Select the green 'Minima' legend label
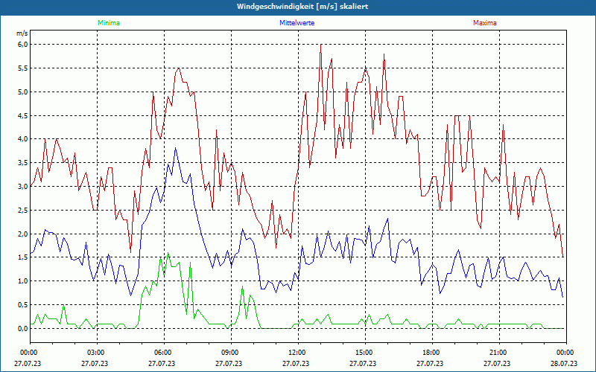(108, 23)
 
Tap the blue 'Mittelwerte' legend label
(297, 23)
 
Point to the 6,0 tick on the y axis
(22, 45)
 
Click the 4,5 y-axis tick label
(22, 115)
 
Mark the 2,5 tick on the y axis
(22, 210)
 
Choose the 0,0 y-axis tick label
(22, 328)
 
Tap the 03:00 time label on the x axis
(95, 353)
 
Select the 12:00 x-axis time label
(297, 353)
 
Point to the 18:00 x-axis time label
(431, 353)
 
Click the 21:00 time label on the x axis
(498, 353)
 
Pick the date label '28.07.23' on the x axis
(565, 364)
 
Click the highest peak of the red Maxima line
(321, 45)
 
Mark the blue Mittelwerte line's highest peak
(176, 148)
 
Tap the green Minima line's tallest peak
(168, 253)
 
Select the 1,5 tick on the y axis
(22, 257)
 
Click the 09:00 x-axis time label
(229, 353)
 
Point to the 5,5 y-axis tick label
(22, 68)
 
